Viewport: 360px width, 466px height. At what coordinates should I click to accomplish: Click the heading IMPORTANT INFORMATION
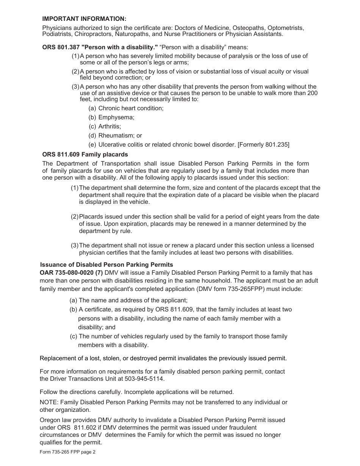click(84, 19)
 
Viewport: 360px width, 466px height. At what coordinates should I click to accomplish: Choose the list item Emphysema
click(116, 117)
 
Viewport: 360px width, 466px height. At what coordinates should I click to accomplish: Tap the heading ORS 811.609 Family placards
click(85, 155)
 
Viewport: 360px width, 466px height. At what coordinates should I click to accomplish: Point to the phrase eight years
click(261, 217)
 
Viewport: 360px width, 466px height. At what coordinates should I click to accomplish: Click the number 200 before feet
click(312, 93)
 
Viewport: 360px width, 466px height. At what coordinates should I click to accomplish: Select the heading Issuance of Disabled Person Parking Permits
click(106, 265)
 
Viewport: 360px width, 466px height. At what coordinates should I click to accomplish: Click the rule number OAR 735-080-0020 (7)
click(71, 273)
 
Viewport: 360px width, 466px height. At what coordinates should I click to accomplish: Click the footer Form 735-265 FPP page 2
click(67, 452)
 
